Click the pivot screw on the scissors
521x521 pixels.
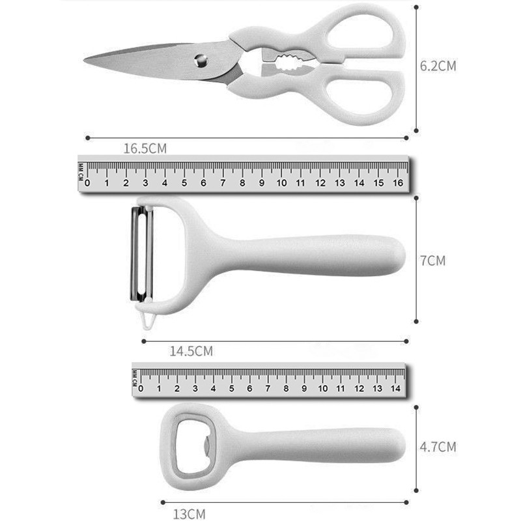(x=201, y=61)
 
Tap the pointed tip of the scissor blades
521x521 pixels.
(x=84, y=60)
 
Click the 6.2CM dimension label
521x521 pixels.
(x=438, y=66)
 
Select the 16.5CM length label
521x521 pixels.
(x=145, y=148)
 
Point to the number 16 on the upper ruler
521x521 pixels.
(x=398, y=183)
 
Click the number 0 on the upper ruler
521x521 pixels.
(x=87, y=183)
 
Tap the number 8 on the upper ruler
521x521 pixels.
(x=242, y=183)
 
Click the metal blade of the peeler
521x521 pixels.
(x=141, y=254)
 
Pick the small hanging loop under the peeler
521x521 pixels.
(x=148, y=320)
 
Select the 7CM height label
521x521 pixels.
(x=432, y=261)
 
